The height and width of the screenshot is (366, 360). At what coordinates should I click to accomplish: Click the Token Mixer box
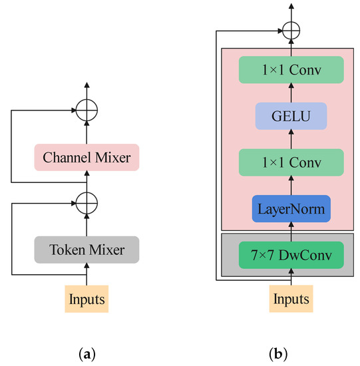point(86,250)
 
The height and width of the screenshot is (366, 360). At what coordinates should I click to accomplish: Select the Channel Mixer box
point(86,158)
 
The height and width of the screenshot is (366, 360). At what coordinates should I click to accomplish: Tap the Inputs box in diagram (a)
point(86,299)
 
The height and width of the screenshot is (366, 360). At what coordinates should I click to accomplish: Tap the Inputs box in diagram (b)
point(290,299)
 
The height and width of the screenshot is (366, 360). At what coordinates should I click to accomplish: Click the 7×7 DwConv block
point(290,254)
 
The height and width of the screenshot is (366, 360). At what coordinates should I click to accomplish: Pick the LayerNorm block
point(290,209)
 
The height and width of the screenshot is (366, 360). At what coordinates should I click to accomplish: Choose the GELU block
point(290,116)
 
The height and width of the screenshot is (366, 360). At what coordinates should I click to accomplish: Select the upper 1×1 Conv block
point(290,70)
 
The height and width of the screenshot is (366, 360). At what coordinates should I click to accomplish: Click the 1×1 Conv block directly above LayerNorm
point(290,162)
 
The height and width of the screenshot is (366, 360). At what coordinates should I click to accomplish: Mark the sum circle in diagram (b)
point(290,30)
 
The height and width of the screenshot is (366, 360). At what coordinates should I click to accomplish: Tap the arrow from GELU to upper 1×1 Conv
point(290,93)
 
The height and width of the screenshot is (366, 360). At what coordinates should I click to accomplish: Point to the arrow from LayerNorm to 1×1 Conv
point(290,186)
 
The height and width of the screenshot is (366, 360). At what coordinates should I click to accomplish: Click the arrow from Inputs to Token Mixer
point(86,275)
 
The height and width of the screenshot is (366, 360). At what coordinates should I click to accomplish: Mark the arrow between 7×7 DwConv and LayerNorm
point(290,232)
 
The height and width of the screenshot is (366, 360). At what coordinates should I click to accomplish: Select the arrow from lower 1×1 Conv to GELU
point(290,139)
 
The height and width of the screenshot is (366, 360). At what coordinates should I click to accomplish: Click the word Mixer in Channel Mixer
point(112,158)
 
